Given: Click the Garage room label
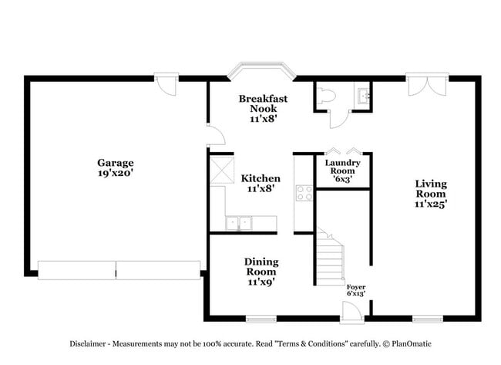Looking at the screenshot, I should [115, 168].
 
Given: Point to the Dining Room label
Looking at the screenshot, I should [261, 272].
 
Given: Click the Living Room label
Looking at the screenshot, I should [431, 194].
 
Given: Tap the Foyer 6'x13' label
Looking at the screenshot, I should [355, 290].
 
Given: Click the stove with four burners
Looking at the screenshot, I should [304, 194].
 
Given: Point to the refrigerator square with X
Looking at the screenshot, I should [223, 167].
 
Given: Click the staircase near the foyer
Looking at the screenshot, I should [330, 259].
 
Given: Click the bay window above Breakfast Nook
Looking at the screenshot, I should [262, 71].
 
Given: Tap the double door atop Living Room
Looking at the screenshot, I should [427, 80].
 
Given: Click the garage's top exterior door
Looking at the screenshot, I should [166, 82].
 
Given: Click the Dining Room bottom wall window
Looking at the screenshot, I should [261, 318].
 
